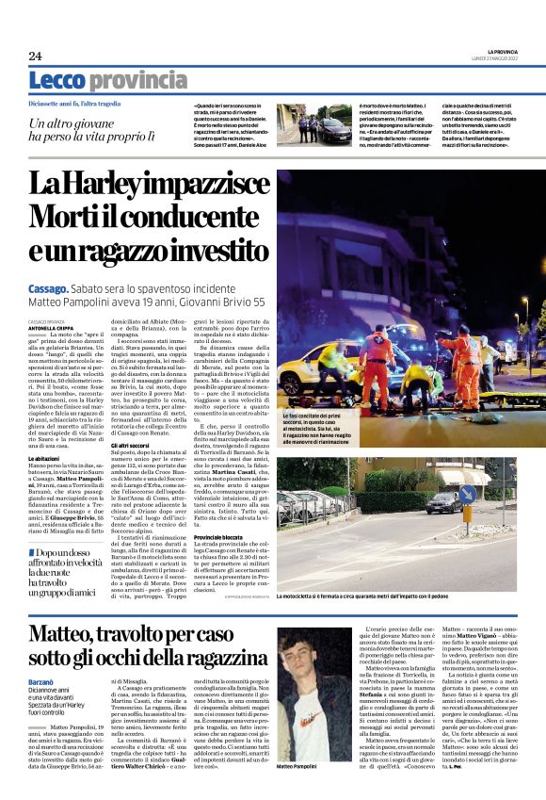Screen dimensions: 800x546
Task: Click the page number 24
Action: click(x=35, y=57)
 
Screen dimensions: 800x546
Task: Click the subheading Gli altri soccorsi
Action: click(x=134, y=445)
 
